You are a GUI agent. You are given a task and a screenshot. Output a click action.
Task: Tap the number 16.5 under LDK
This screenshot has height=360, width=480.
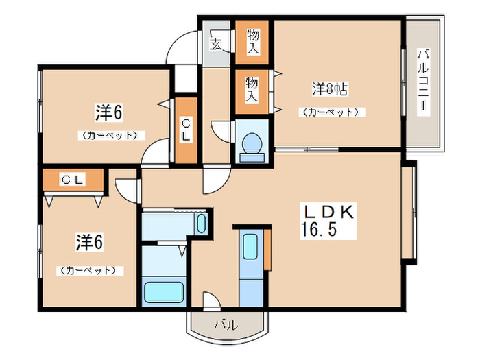[x=317, y=229]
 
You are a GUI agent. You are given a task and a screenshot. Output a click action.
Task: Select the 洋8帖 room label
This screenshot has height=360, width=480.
[x=330, y=88]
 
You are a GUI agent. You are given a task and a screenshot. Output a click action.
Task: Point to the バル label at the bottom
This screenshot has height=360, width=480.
[x=229, y=324]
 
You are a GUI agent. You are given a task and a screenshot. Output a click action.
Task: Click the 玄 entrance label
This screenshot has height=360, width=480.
[x=215, y=45]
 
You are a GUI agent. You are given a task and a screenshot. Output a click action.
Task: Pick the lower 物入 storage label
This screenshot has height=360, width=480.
[x=252, y=89]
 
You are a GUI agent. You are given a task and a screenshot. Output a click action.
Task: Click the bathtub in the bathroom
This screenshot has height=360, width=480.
[x=164, y=291]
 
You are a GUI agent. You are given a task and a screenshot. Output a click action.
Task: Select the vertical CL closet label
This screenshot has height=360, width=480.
[x=185, y=130]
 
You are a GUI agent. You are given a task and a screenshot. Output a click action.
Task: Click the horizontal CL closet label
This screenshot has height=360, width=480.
[x=72, y=180]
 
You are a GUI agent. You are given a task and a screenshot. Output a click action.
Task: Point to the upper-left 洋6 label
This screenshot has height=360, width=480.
[x=109, y=112]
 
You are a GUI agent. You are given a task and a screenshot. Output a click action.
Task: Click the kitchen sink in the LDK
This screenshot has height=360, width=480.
[x=250, y=246]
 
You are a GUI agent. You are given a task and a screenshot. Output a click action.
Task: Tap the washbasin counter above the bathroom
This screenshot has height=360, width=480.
[x=174, y=223]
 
